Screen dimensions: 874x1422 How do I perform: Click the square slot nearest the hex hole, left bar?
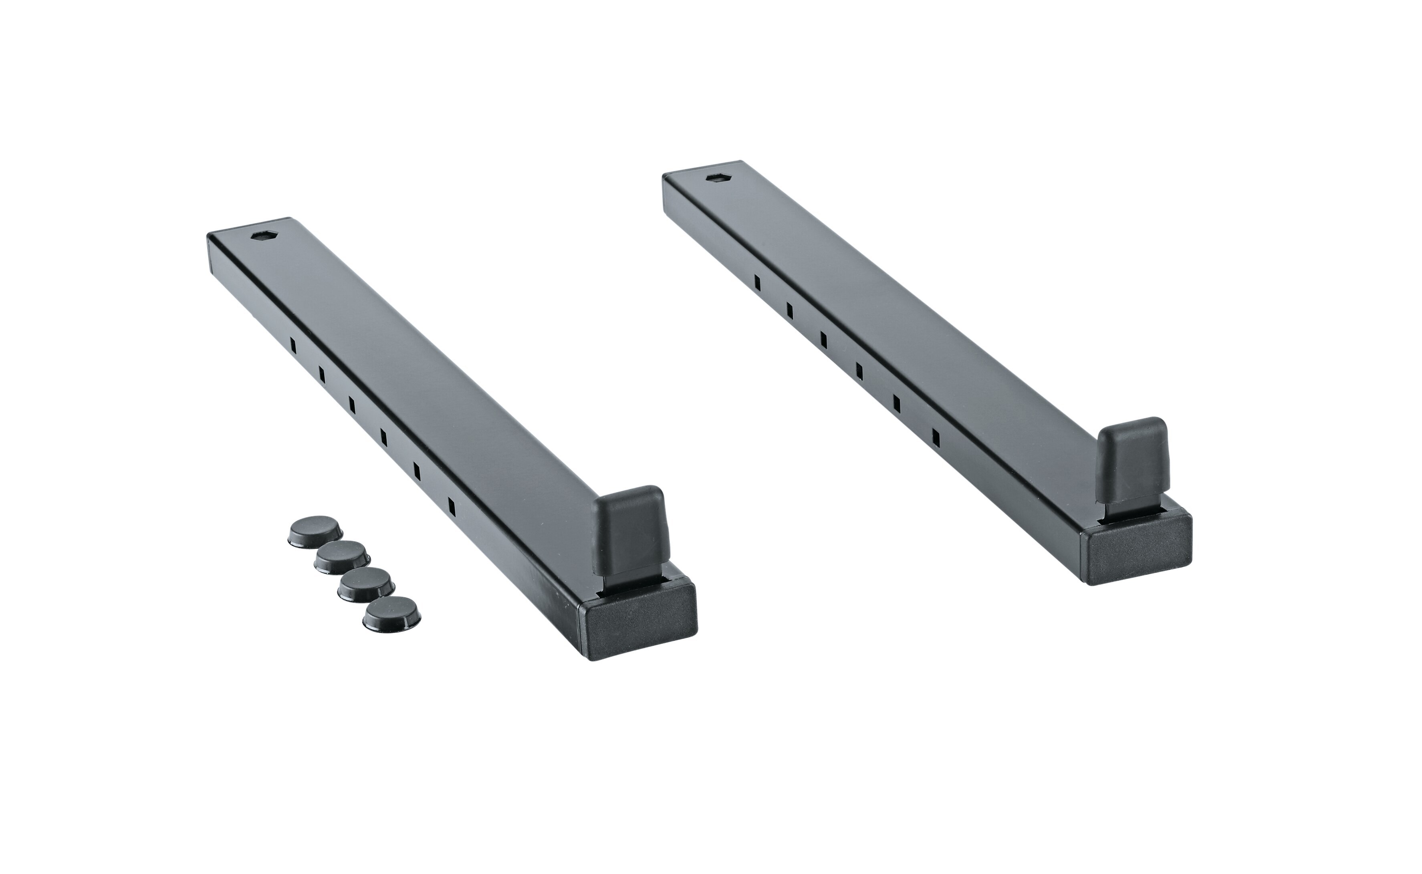point(293,346)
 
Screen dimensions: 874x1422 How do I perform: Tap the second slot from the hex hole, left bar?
point(321,375)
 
